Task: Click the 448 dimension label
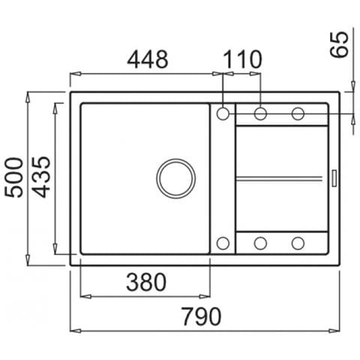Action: [148, 59]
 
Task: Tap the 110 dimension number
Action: [242, 59]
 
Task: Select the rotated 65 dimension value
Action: [339, 44]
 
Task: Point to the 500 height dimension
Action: [14, 177]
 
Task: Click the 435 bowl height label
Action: [41, 177]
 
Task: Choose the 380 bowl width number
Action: [146, 282]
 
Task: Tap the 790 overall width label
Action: [201, 316]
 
